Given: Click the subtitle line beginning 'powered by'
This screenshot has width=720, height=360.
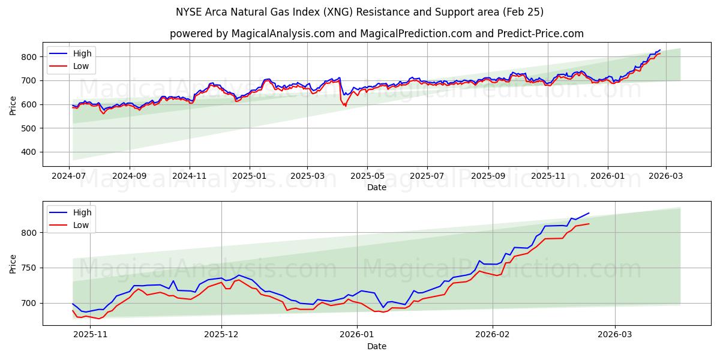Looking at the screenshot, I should pos(376,34).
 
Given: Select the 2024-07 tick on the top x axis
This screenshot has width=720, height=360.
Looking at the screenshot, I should pos(69,176).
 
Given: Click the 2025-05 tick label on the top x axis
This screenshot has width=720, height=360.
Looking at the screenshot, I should pos(367,176).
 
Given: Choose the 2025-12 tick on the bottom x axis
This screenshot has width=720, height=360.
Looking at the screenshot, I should pos(221,334).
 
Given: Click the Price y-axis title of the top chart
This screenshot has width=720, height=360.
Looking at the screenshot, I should pos(13,105).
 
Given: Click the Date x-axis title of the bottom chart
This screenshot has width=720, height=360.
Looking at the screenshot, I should pos(376,346).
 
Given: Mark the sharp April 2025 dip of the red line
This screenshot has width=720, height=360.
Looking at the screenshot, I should pos(345,106).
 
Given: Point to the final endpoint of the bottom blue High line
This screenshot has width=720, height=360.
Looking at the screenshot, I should pos(589,213).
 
